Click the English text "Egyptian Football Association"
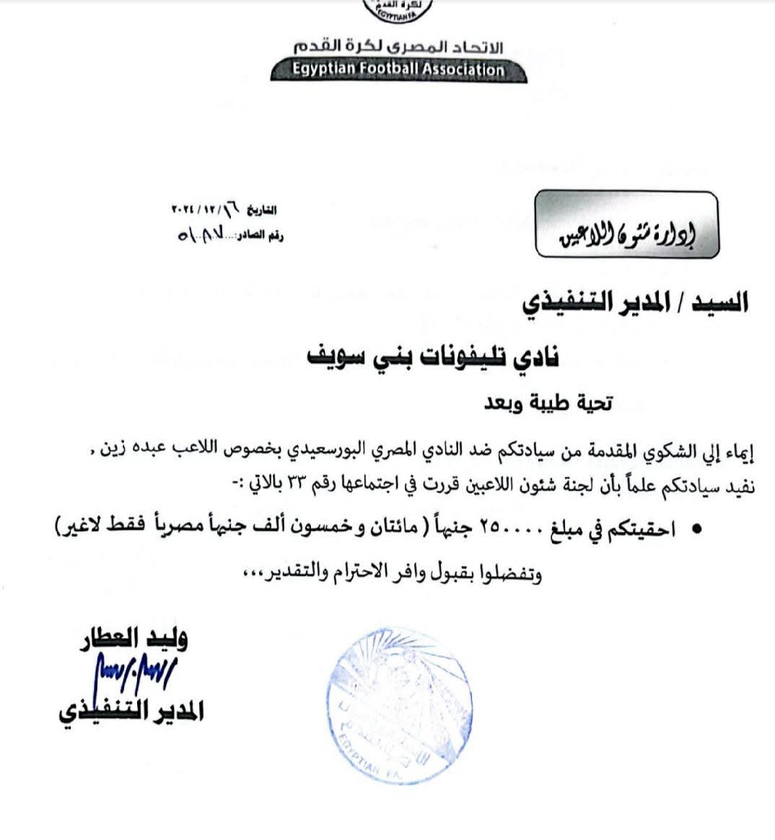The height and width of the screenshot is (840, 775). tap(398, 70)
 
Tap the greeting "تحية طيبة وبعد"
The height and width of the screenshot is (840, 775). tap(548, 405)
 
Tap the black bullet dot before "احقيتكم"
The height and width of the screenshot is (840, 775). tap(696, 530)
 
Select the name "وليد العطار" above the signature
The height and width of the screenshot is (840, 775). tap(133, 639)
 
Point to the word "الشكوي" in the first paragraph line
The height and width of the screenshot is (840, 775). tap(660, 452)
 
